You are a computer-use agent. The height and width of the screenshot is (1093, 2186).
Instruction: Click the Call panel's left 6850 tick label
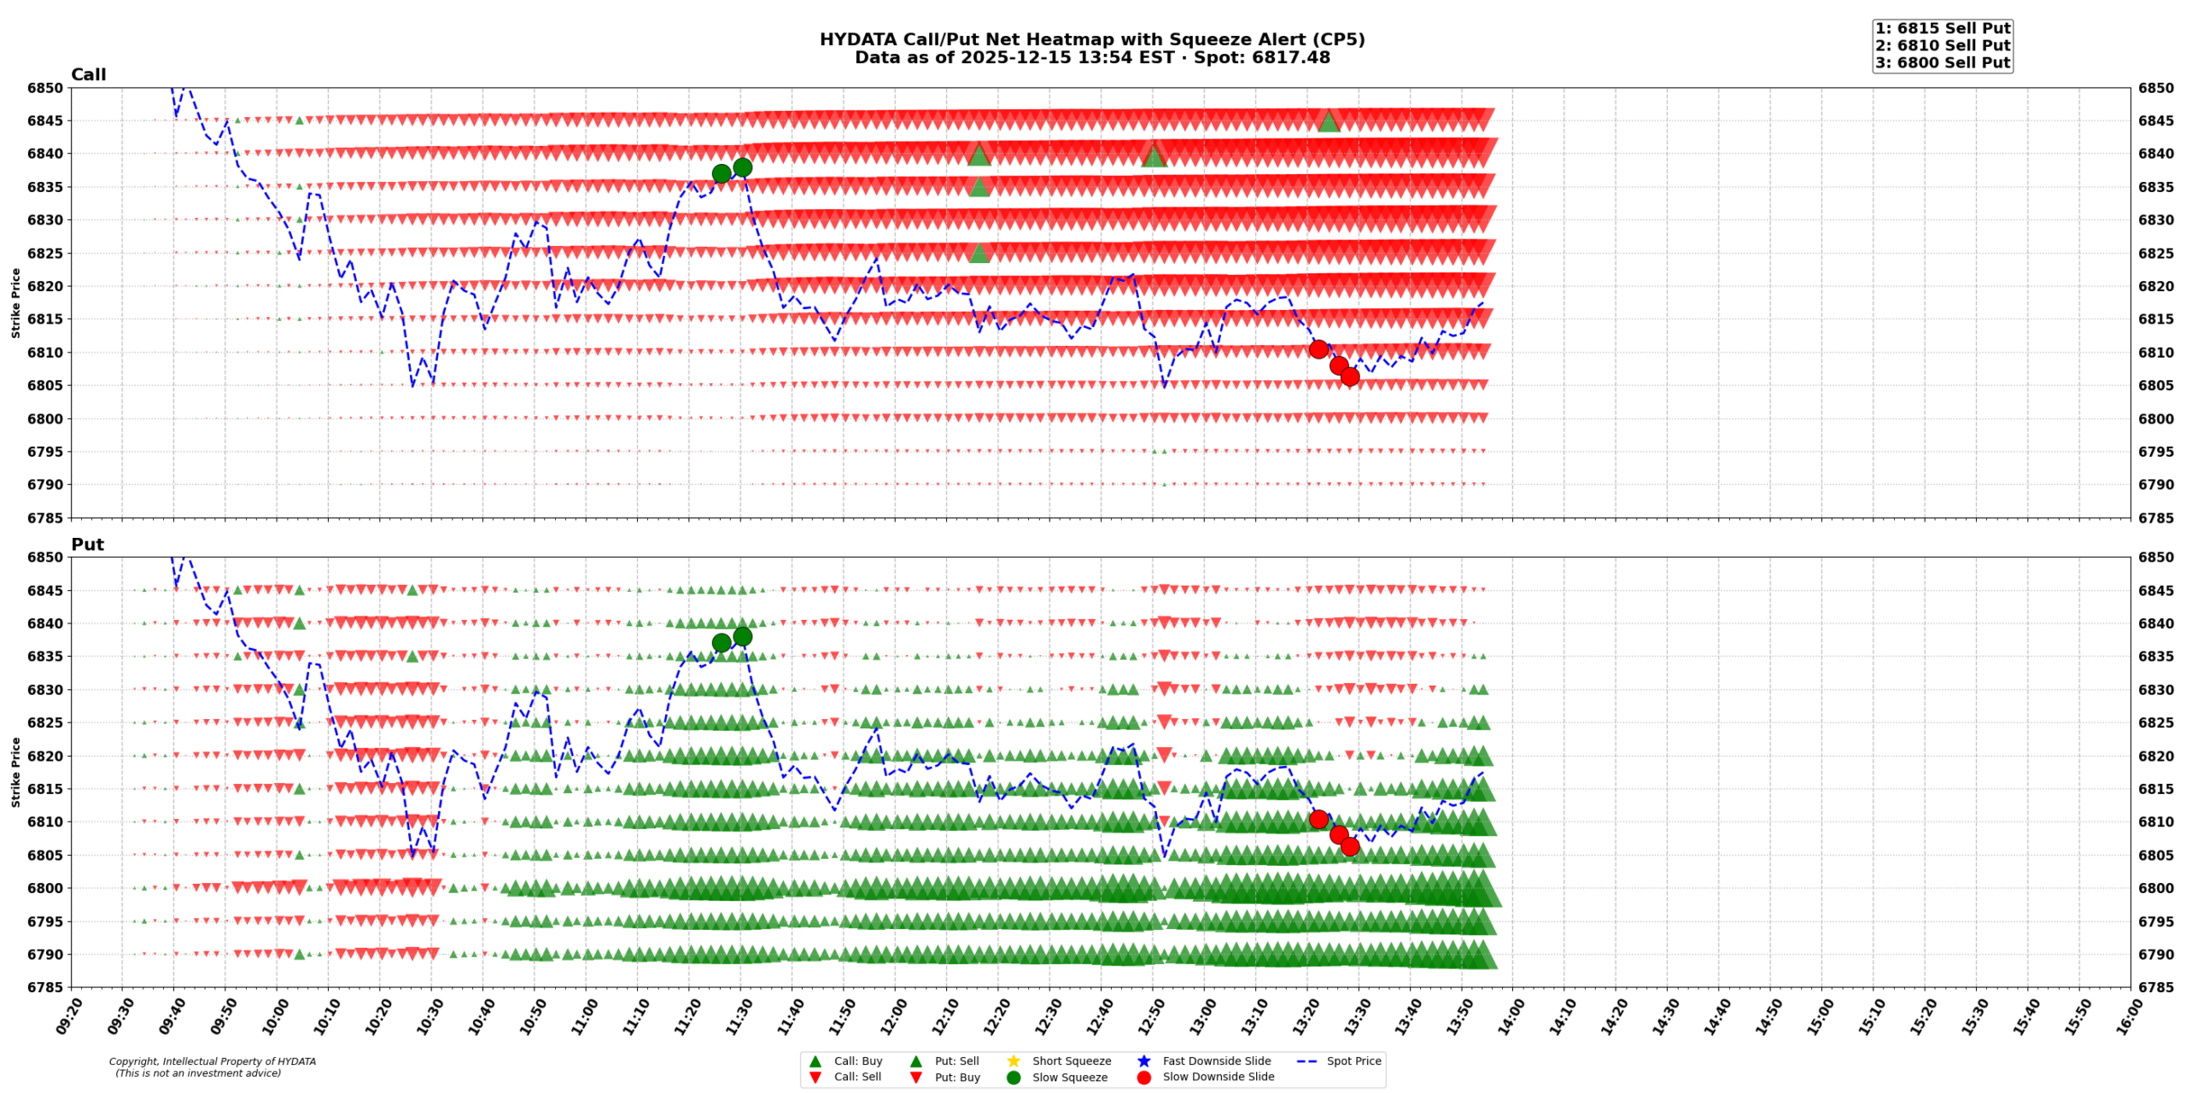coord(44,88)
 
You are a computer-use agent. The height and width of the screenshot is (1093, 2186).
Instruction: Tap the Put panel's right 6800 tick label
coord(2155,888)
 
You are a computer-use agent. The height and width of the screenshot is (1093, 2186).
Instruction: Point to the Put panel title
coord(87,545)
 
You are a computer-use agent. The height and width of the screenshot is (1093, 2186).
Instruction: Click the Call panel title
coord(88,75)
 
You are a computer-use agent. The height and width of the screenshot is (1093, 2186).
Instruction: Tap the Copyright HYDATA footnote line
coord(212,1061)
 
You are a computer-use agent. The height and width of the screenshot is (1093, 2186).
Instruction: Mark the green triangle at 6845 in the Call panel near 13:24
coord(1328,121)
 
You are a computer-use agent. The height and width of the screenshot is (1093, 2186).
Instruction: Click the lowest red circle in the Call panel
coord(1349,377)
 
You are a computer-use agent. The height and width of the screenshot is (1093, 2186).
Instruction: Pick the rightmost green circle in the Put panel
coord(742,636)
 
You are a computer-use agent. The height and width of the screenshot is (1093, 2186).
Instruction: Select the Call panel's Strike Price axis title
coord(15,302)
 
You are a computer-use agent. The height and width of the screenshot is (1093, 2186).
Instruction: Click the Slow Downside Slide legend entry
coord(1218,1077)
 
